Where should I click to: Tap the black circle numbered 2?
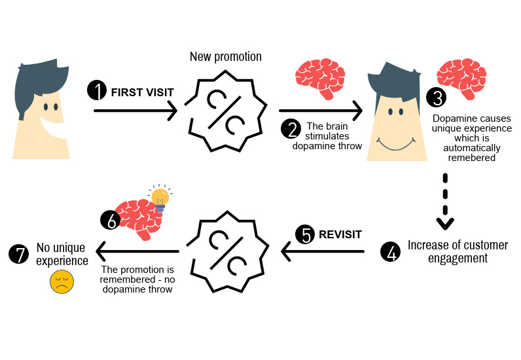pyautogui.click(x=291, y=128)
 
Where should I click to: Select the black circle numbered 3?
pyautogui.click(x=435, y=98)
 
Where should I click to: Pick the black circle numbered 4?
pyautogui.click(x=391, y=251)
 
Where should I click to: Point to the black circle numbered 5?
pyautogui.click(x=304, y=234)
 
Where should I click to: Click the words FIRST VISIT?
pyautogui.click(x=143, y=92)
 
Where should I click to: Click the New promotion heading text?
pyautogui.click(x=226, y=57)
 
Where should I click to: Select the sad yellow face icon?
pyautogui.click(x=62, y=282)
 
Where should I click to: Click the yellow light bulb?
pyautogui.click(x=160, y=198)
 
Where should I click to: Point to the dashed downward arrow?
pyautogui.click(x=445, y=202)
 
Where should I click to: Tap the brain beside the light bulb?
pyautogui.click(x=136, y=217)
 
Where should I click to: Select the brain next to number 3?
pyautogui.click(x=462, y=78)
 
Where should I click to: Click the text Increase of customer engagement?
pyautogui.click(x=458, y=251)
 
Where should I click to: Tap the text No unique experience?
pyautogui.click(x=62, y=254)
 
